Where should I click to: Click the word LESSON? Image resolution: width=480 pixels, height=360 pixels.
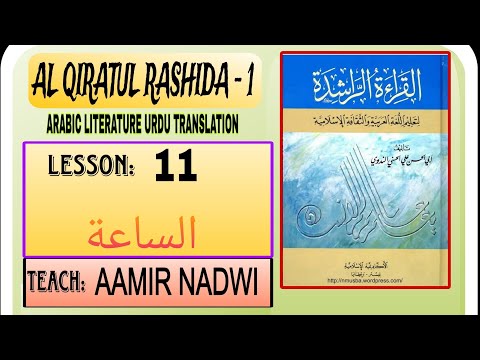(x=92, y=167)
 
